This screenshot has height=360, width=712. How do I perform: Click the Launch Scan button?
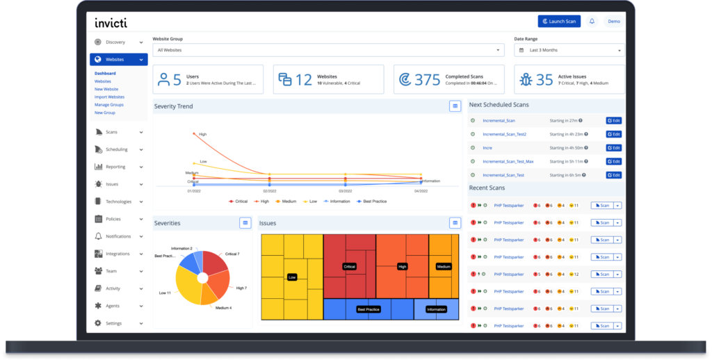coord(559,22)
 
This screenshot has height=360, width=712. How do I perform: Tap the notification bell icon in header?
coord(592,22)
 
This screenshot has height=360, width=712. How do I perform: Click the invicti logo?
coord(111,22)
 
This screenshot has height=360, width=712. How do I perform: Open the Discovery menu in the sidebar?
coord(118,42)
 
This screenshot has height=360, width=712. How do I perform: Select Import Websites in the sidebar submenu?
coord(109,97)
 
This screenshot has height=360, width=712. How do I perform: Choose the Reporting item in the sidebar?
coord(115,167)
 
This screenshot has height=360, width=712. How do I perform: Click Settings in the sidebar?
coord(113,323)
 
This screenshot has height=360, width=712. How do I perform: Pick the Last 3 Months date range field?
coord(569,50)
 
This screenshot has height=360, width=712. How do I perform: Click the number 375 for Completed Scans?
coord(428,80)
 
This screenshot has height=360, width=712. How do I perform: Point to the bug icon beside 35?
coord(526,80)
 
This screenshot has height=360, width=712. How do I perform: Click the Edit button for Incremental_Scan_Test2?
coord(613,134)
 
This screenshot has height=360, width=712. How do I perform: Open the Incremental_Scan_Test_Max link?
coord(508,161)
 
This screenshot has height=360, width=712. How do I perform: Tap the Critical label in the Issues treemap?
coord(349,266)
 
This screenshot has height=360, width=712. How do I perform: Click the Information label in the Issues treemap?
coord(436,309)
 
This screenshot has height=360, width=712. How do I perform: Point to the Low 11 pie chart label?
coord(165,293)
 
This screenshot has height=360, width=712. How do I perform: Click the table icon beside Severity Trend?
coord(455,106)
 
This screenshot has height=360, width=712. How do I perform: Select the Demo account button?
coord(614,22)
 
